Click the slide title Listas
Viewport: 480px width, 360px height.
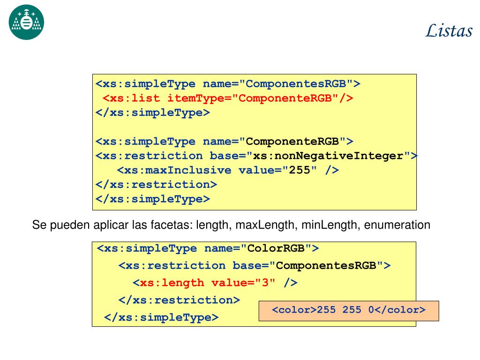click(x=449, y=31)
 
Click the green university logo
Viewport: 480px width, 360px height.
click(x=26, y=22)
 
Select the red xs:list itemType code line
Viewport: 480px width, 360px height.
click(x=228, y=98)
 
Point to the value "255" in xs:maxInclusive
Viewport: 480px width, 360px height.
click(x=300, y=170)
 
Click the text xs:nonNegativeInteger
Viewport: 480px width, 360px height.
click(x=328, y=156)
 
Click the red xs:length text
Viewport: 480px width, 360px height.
click(x=172, y=283)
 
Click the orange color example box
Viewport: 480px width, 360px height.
click(x=348, y=310)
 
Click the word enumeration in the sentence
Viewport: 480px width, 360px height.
click(x=397, y=225)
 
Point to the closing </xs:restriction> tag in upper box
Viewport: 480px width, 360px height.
click(x=157, y=184)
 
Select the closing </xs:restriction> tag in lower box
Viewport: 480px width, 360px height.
click(x=179, y=300)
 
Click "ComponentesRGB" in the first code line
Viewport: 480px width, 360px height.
click(x=299, y=84)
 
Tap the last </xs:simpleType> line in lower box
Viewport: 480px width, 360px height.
click(x=161, y=317)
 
